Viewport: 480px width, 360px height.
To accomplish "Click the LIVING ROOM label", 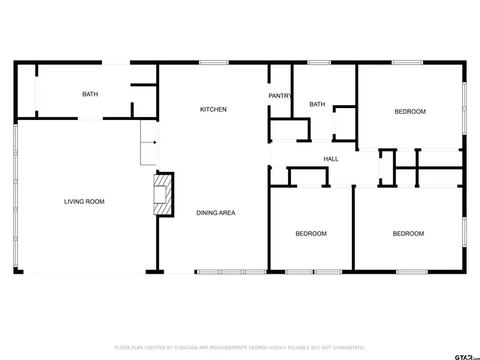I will pos(84,201).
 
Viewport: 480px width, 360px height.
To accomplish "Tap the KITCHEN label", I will pos(213,109).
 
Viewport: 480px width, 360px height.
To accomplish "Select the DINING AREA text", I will pos(216,213).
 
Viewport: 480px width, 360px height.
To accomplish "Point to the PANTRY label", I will pos(280,96).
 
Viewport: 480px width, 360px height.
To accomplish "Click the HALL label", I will pos(331,159).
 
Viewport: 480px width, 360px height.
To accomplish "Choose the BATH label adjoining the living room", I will pos(90,94).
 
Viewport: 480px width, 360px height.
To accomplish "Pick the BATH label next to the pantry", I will pos(317,104).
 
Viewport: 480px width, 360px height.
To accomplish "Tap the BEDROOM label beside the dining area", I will pos(310,233).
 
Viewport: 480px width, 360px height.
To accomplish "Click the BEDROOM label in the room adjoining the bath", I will pos(410,112).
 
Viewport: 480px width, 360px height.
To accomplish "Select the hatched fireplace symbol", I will pos(163,194).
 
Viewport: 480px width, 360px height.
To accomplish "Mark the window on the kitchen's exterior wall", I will pos(214,63).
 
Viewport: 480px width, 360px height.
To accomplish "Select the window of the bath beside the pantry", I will pos(319,63).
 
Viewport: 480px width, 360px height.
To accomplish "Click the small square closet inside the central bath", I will pos(345,124).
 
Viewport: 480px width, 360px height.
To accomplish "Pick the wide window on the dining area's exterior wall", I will pos(230,271).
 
